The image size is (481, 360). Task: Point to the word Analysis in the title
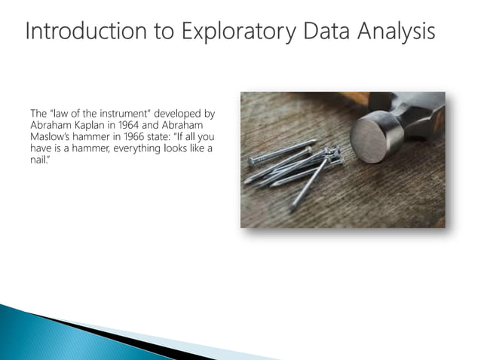tap(396, 32)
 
